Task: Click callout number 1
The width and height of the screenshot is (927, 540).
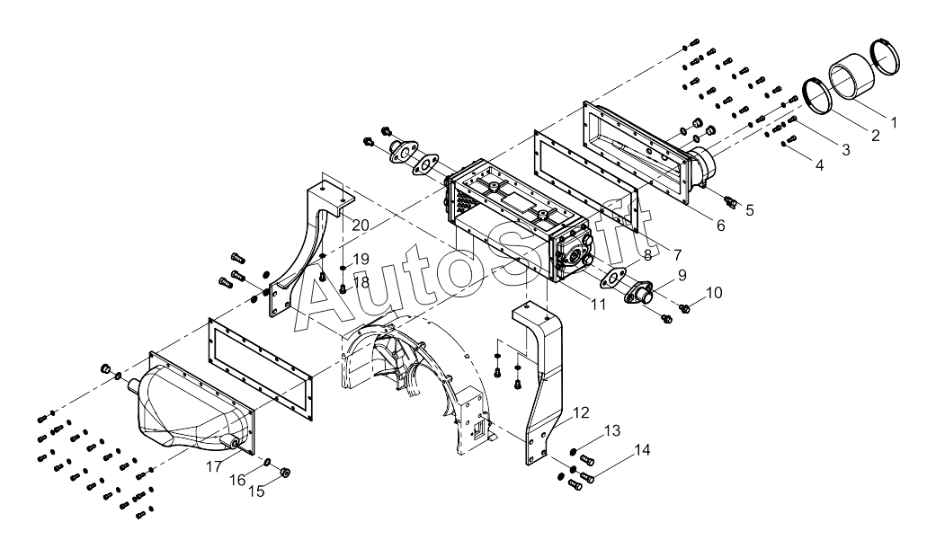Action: pos(894,122)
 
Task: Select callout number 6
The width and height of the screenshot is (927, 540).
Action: pos(721,226)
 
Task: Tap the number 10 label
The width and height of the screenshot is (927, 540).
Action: pos(714,292)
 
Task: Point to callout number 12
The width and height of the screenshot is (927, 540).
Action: pos(581,412)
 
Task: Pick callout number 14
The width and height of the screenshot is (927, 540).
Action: pos(643,450)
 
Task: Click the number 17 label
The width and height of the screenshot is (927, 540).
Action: pos(214,466)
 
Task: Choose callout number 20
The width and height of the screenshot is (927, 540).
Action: pos(361,226)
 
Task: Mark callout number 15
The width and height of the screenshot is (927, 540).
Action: pos(256,491)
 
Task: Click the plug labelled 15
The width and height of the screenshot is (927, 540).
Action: pos(284,473)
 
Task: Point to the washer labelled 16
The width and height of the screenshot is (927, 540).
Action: pos(268,461)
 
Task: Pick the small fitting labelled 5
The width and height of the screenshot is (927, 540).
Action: pos(729,203)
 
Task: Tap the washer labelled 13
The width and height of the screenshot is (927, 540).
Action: pos(573,452)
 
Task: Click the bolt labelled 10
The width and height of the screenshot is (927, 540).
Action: pos(685,308)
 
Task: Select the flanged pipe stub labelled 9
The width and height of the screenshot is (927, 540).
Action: pos(639,293)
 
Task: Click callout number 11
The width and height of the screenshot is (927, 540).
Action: pos(598,305)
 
